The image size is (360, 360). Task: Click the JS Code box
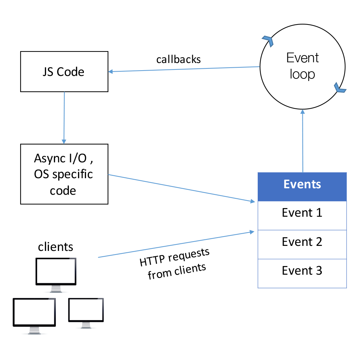[x=64, y=71]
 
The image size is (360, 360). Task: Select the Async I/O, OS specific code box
[x=64, y=174]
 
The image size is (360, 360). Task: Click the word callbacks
[x=179, y=59]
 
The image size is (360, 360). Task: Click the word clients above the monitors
[x=55, y=247]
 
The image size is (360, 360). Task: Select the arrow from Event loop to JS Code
[x=184, y=69]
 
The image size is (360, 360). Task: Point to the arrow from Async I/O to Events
[x=180, y=188]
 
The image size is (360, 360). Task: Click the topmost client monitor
[x=56, y=271]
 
